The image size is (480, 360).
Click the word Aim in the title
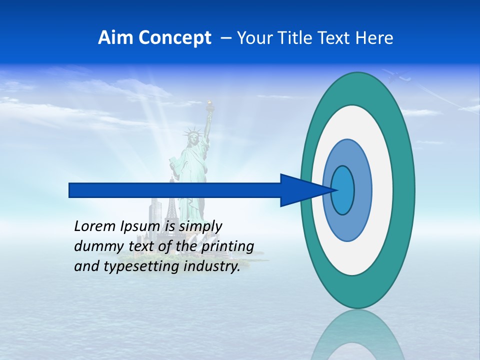pyautogui.click(x=114, y=38)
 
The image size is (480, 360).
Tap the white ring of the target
pyautogui.click(x=382, y=190)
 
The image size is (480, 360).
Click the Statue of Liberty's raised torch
pyautogui.click(x=210, y=105)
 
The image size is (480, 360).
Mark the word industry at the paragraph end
pyautogui.click(x=211, y=266)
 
